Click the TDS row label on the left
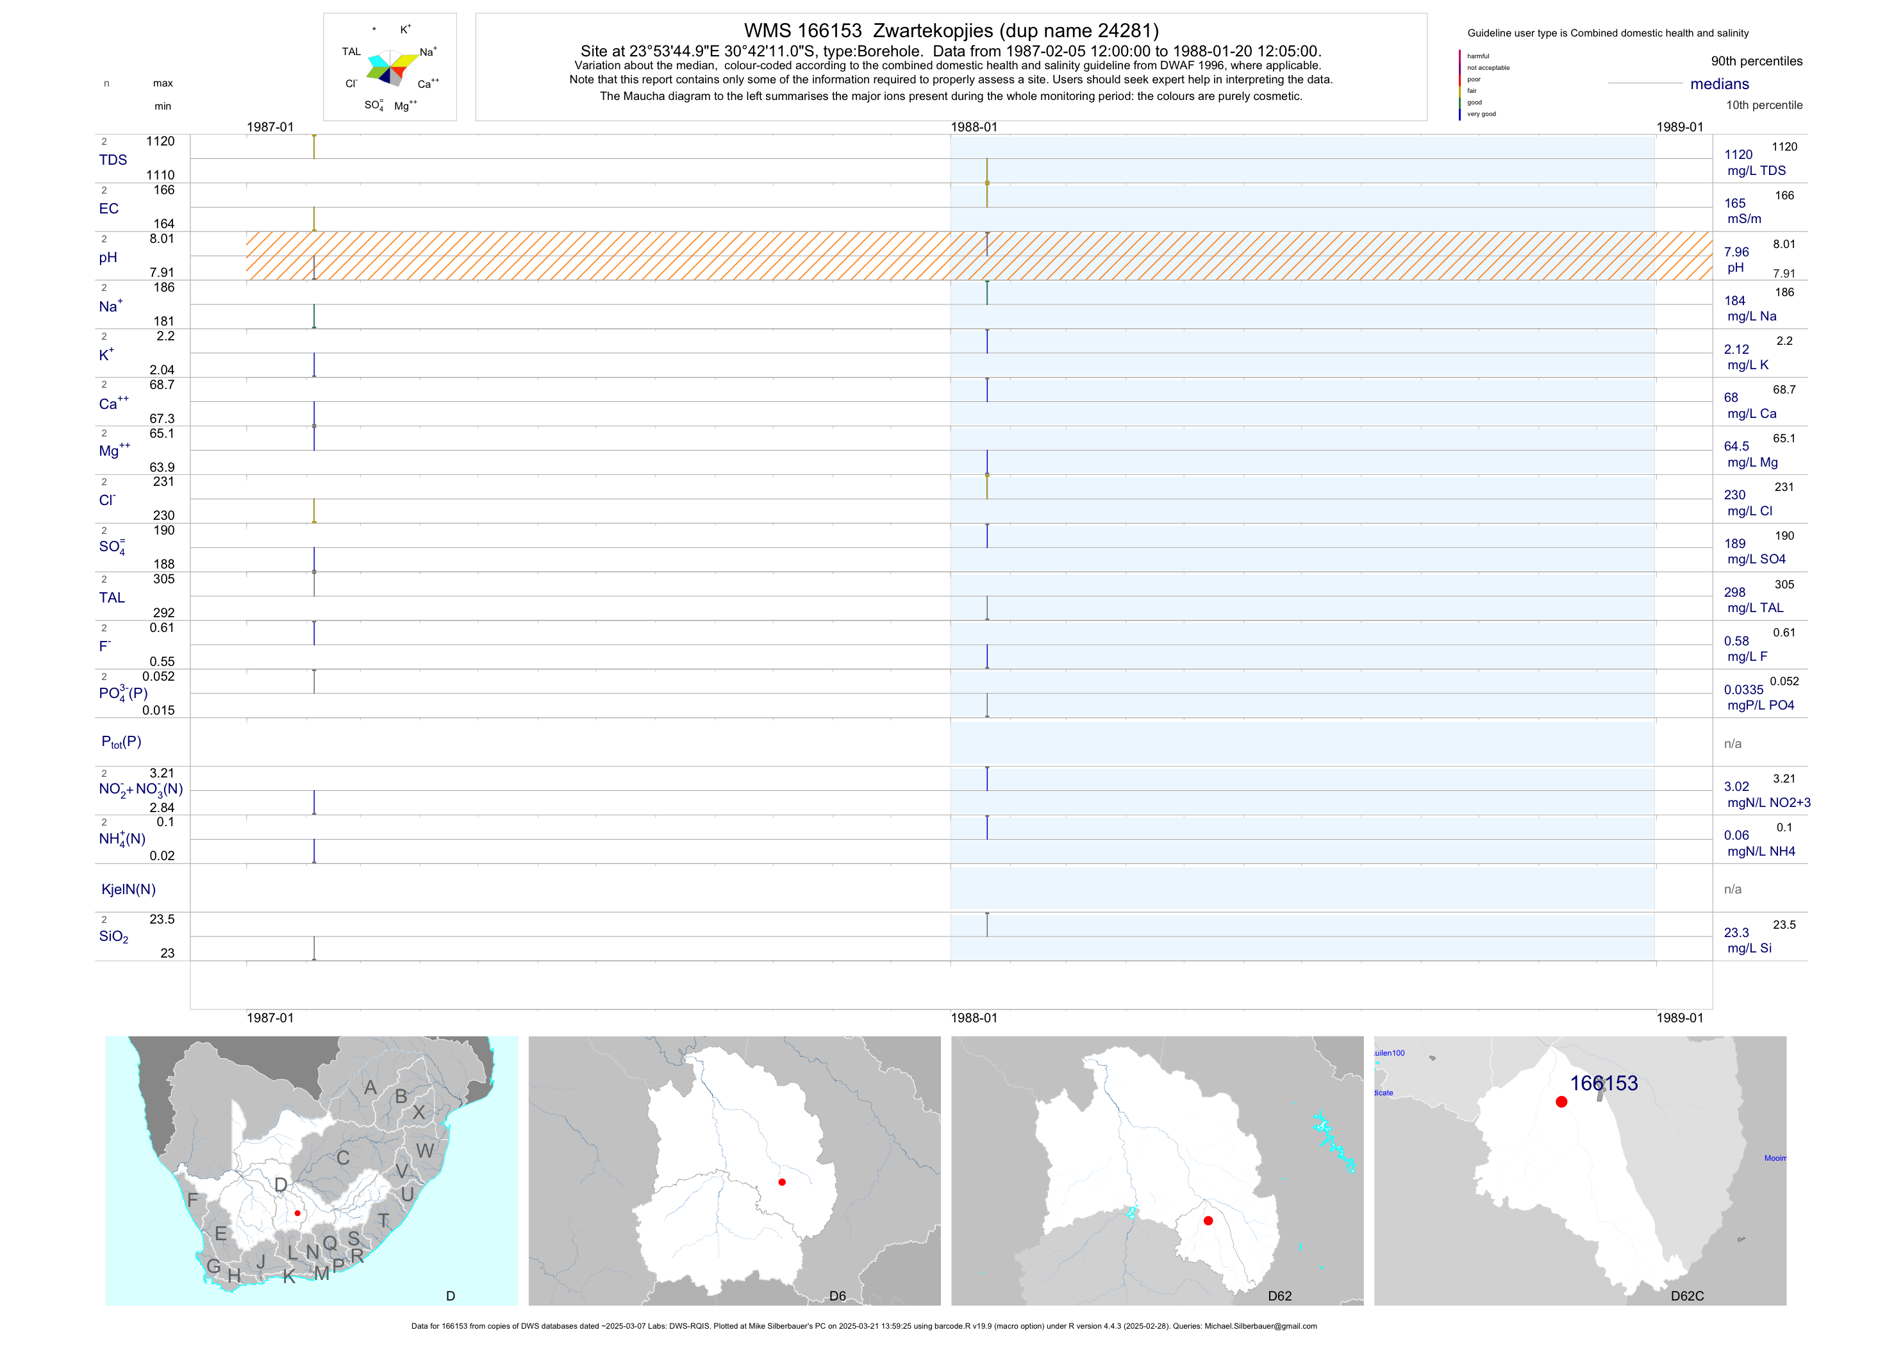click(113, 160)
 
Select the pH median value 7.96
click(1736, 252)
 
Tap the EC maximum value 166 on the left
click(164, 190)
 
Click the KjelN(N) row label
click(128, 890)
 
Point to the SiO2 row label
click(113, 936)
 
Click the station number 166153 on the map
click(1603, 1083)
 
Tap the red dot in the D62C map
click(1561, 1102)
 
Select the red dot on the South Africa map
click(297, 1213)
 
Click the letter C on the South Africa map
click(343, 1158)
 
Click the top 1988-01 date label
click(974, 127)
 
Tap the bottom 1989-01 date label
click(1679, 1018)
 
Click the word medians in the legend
click(1720, 84)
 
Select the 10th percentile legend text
click(1764, 105)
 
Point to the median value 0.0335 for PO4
click(1743, 690)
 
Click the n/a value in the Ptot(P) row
click(1733, 744)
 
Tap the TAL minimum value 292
click(164, 613)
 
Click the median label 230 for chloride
click(1734, 495)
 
